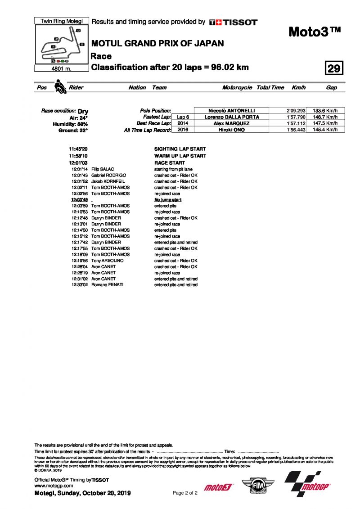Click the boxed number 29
(x=334, y=68)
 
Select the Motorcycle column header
(x=237, y=88)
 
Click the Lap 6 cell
(x=183, y=117)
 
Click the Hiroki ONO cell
(x=231, y=130)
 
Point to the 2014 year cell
(x=183, y=123)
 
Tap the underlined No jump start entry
(x=168, y=199)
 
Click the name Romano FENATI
(x=107, y=285)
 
